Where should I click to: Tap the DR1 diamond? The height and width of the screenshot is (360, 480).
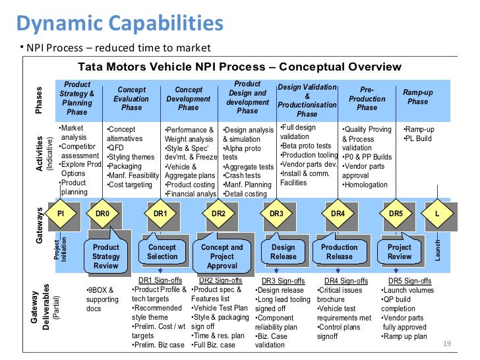[x=161, y=214]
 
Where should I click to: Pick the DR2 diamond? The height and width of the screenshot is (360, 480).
[x=218, y=214]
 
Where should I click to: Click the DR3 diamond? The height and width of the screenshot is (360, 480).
[x=276, y=214]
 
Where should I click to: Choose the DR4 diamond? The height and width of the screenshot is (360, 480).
[x=338, y=214]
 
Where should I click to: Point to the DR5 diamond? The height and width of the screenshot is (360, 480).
[x=396, y=214]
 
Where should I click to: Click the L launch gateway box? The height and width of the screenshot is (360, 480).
[x=436, y=214]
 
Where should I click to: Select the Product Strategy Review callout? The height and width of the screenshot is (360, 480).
[x=106, y=256]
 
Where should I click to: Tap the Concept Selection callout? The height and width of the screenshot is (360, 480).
[x=162, y=252]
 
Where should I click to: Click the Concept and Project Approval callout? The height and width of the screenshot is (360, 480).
[x=222, y=256]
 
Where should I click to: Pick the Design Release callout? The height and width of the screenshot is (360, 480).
[x=283, y=252]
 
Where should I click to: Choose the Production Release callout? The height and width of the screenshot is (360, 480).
[x=339, y=252]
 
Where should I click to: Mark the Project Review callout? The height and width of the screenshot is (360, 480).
[x=400, y=252]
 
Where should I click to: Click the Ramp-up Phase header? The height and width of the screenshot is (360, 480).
[x=417, y=97]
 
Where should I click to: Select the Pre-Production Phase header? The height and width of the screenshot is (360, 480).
[x=367, y=98]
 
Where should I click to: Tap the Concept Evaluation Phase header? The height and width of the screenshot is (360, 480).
[x=131, y=98]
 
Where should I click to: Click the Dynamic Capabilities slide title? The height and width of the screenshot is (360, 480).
[x=119, y=24]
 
